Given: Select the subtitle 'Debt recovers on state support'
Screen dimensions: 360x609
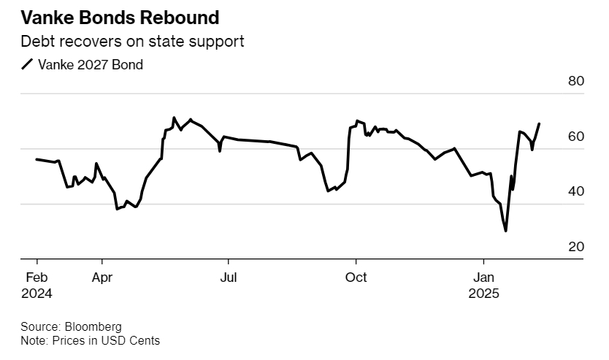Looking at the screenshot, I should coord(132,42).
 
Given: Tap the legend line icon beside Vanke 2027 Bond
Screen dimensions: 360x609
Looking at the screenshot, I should coord(28,65).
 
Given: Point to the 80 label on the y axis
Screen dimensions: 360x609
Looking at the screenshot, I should coord(576,81).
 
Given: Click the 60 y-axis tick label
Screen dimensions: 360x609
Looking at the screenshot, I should coord(576,137).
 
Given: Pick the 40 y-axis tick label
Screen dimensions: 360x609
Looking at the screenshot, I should coord(576,191).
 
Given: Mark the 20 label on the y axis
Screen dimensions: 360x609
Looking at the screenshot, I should coord(576,247).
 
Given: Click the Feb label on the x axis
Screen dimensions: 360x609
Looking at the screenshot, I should coord(37,277).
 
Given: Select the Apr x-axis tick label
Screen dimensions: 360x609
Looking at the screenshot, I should coord(102,277).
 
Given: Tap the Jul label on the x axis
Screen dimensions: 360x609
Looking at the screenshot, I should coord(229,277).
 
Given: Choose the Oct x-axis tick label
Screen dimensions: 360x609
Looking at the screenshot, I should coord(356,277).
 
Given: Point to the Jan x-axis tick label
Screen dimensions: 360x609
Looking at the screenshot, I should coord(483,277).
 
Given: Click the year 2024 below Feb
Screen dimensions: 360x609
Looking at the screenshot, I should coord(37,294).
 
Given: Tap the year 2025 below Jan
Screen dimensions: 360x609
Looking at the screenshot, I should coord(483,294).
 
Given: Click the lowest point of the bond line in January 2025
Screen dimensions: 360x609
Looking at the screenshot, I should coord(506,231).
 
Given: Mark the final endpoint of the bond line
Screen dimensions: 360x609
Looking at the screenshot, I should coord(539,124).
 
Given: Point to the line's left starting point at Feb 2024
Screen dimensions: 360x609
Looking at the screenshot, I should coord(37,159).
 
